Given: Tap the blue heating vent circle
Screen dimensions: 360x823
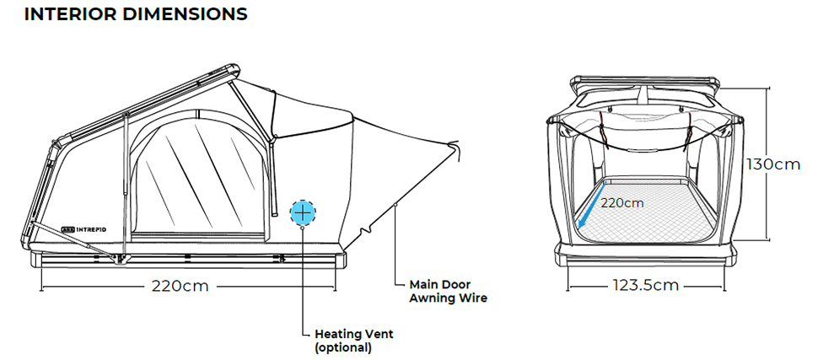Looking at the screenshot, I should point(303,212).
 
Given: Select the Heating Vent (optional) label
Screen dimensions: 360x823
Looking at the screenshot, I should point(353,340).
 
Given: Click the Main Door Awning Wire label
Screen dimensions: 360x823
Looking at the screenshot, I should point(448,291).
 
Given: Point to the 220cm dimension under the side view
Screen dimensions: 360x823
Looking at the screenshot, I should point(180,285).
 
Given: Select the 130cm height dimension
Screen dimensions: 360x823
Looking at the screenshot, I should point(773,164).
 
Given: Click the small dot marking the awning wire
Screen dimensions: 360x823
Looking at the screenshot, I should point(395,204).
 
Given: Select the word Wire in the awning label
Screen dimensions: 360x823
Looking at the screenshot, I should point(472,298).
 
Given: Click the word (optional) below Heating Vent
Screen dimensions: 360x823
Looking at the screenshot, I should point(342,347).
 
